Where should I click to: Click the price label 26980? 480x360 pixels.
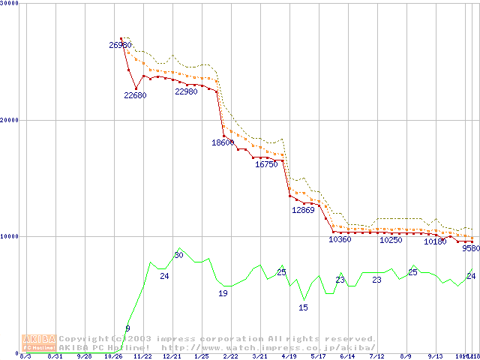(x=120, y=46)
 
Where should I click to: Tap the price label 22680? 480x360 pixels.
(x=135, y=95)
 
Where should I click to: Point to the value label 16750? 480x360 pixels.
(x=266, y=164)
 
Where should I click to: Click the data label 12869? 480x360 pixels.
(x=303, y=211)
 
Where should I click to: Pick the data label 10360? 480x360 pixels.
(x=340, y=240)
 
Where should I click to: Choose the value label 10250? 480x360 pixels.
(x=391, y=240)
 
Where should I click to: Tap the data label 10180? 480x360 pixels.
(x=435, y=241)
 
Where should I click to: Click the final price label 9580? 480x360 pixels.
(x=471, y=248)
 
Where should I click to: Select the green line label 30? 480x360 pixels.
(x=178, y=256)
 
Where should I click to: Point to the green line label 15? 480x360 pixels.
(x=304, y=307)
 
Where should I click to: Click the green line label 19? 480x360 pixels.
(x=223, y=293)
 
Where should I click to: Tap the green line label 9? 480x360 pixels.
(x=127, y=328)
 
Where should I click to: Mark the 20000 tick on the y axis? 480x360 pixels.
(x=10, y=120)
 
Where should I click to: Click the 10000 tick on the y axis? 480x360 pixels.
(x=10, y=236)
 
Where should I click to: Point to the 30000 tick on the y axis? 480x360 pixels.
(x=10, y=3)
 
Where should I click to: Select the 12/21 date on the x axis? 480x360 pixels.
(x=172, y=357)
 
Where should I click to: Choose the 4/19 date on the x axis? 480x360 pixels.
(x=289, y=357)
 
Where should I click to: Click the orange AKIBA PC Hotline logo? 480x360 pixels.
(x=40, y=343)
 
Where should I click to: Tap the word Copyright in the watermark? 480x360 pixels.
(x=82, y=339)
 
